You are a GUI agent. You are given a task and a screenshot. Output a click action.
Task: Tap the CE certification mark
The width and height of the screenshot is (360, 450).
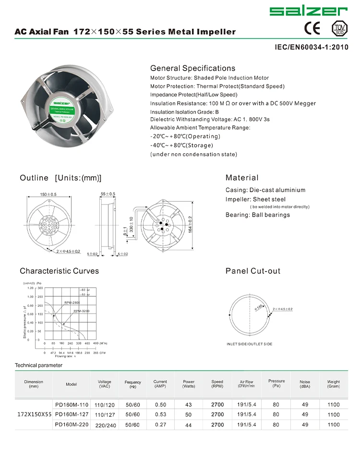click(312, 28)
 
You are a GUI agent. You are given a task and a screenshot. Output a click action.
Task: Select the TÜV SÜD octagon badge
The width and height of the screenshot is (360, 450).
click(339, 28)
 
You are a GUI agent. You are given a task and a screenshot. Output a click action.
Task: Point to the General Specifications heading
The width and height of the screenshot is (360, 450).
click(192, 68)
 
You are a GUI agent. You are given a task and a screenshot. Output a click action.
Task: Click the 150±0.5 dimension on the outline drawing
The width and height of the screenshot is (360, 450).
click(48, 194)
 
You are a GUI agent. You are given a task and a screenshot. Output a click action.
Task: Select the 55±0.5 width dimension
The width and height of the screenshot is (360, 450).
click(108, 194)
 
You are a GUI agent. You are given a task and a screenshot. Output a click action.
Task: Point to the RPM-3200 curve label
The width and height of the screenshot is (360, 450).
click(82, 311)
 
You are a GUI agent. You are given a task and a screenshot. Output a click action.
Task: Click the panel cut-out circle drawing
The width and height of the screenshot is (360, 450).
click(250, 312)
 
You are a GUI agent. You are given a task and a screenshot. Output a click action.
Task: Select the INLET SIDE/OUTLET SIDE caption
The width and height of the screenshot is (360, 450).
click(249, 344)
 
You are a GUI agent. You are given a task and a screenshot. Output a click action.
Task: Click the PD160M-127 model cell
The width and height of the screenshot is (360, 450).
click(72, 414)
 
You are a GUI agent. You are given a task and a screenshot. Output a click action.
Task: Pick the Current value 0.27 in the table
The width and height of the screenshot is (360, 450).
click(160, 425)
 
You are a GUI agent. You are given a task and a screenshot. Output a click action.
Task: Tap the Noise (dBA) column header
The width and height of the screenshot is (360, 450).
click(305, 384)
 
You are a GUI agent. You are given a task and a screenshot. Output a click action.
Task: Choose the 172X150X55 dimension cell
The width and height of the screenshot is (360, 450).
click(34, 414)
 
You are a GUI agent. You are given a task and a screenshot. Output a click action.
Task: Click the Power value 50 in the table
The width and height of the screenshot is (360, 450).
click(189, 414)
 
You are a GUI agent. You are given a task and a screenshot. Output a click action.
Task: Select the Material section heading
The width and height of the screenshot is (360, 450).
click(242, 178)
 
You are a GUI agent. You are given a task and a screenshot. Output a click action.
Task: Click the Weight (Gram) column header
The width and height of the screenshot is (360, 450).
click(333, 384)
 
